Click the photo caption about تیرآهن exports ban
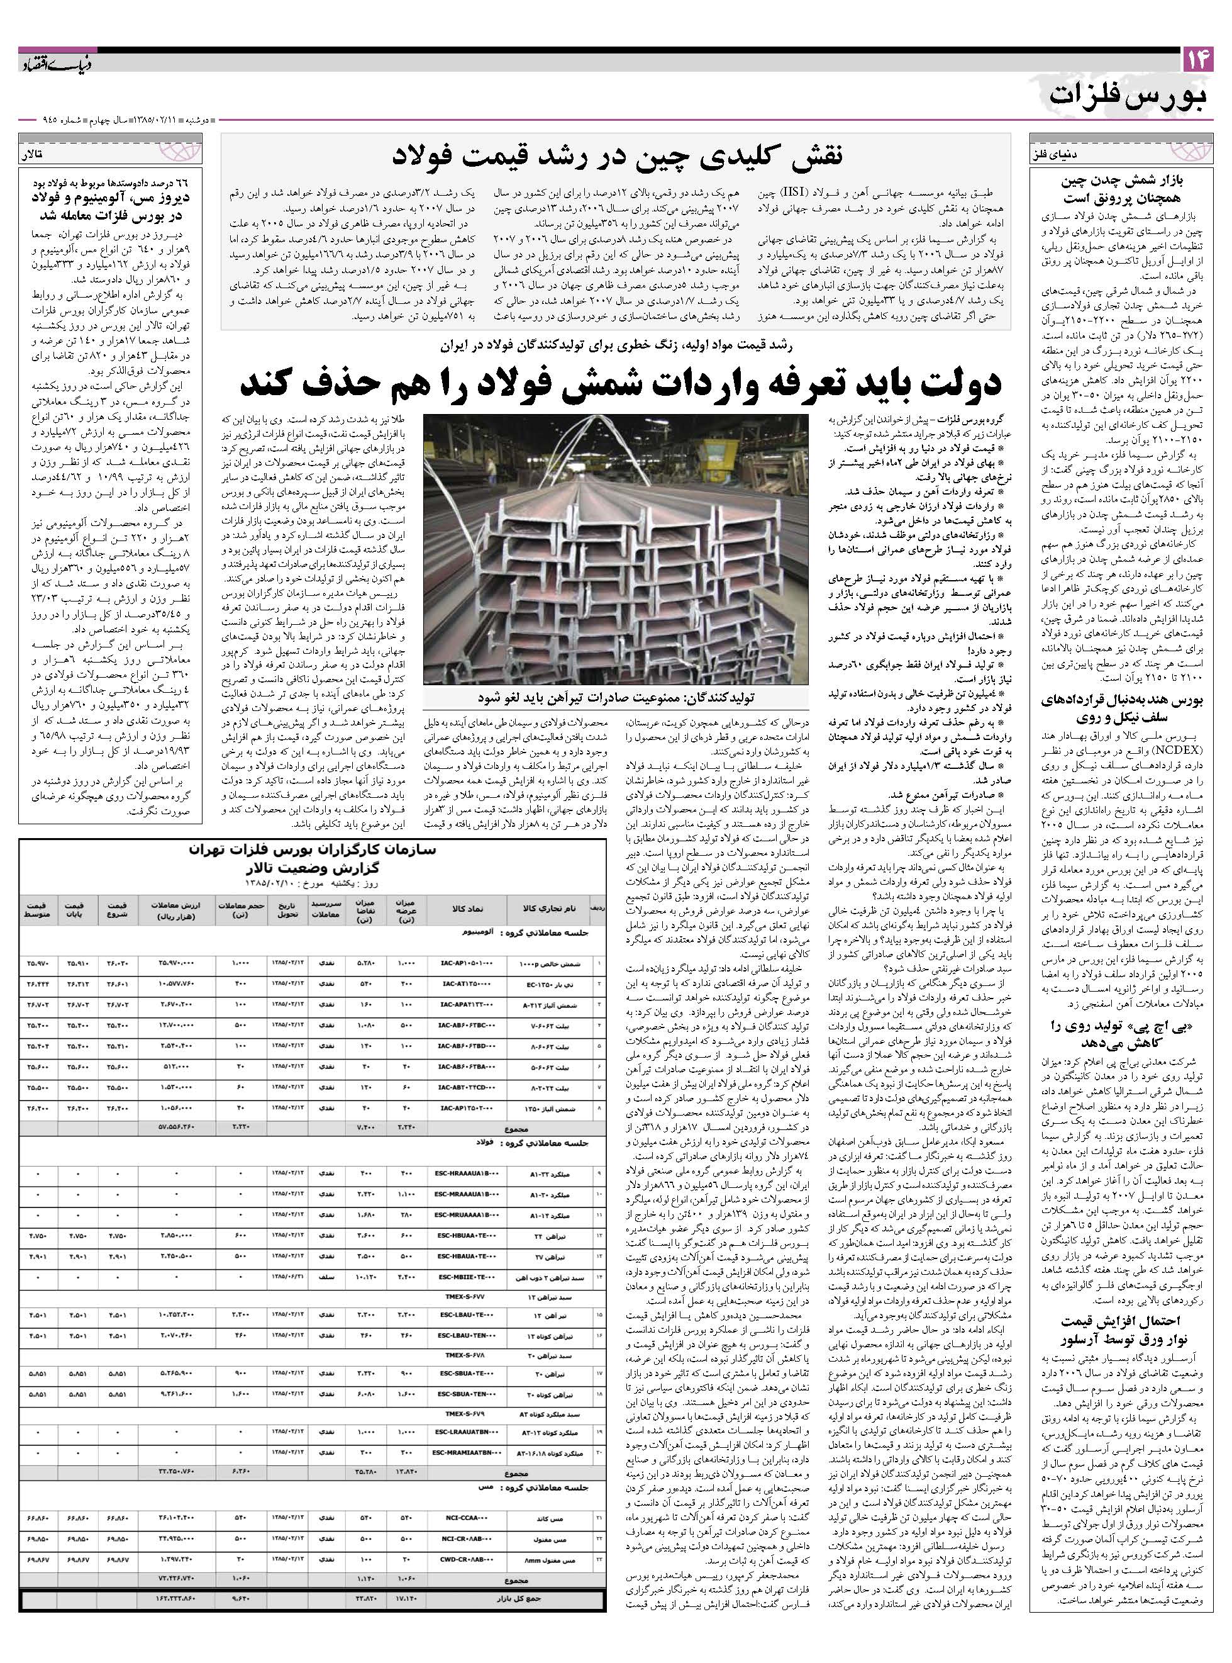[615, 698]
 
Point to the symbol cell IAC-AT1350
[466, 984]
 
